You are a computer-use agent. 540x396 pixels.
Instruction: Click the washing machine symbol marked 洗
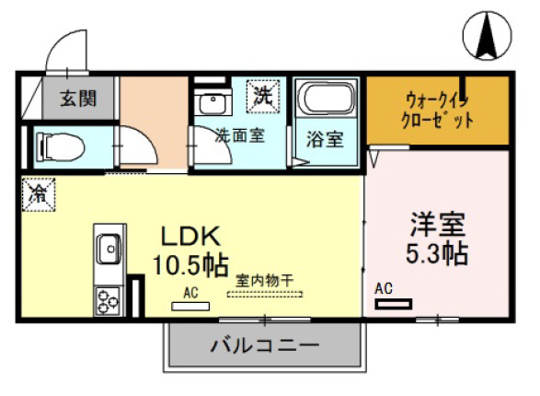pos(264,95)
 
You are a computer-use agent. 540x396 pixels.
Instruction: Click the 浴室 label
pos(326,140)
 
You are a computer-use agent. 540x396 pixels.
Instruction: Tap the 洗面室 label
pos(240,134)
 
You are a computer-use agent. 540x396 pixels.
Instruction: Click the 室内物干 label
pos(264,279)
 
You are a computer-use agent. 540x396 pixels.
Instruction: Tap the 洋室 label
pos(437,226)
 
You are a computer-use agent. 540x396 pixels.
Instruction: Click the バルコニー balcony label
pos(264,346)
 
